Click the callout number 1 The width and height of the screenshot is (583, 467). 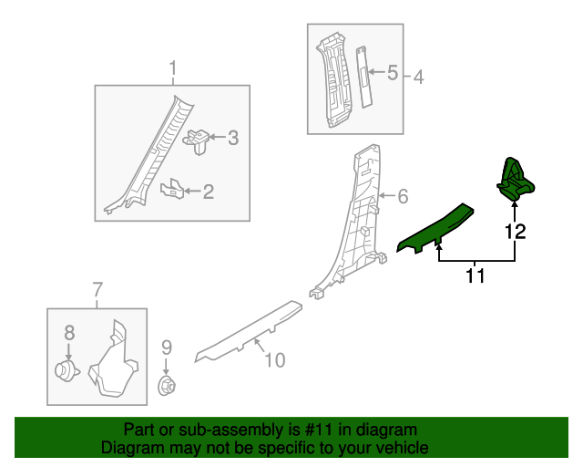click(172, 68)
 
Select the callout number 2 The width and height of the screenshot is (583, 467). click(209, 192)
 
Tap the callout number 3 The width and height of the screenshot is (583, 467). click(232, 139)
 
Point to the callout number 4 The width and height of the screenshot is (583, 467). click(419, 78)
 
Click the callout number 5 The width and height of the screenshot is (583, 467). click(393, 73)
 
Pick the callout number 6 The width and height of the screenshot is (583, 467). click(402, 196)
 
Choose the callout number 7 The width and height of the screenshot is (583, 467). click(97, 291)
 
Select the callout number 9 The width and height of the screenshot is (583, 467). click(167, 347)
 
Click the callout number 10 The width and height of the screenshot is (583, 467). click(274, 360)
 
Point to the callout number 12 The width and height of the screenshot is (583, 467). click(516, 232)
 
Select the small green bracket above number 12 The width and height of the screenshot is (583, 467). click(516, 178)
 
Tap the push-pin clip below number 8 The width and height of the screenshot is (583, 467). click(66, 370)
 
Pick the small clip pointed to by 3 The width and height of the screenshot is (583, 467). click(198, 138)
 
